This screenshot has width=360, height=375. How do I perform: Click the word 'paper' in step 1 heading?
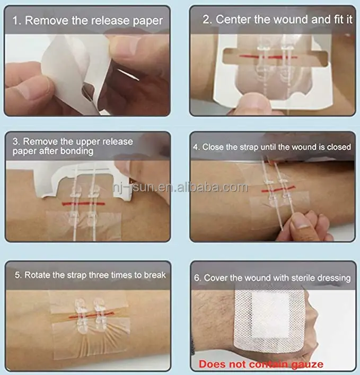point(148,21)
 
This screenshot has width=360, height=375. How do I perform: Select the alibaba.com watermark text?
point(181,187)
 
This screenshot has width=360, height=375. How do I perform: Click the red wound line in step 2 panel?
point(268,57)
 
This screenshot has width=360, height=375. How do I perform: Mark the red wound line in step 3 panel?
point(83,204)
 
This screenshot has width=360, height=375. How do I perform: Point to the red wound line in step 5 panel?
point(91,315)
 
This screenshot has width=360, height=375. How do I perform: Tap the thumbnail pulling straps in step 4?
point(301,222)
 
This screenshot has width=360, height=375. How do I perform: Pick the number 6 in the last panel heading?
point(197,278)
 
